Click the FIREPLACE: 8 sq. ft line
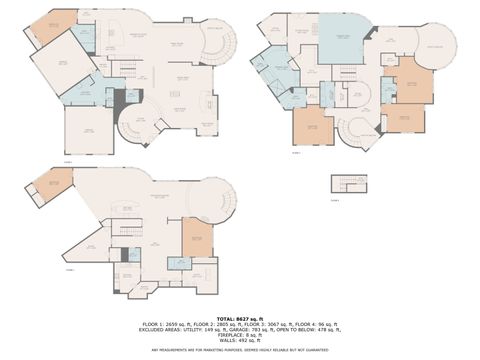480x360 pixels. (240, 334)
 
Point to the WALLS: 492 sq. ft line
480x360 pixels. (240, 340)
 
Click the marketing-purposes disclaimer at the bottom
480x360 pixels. (240, 350)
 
